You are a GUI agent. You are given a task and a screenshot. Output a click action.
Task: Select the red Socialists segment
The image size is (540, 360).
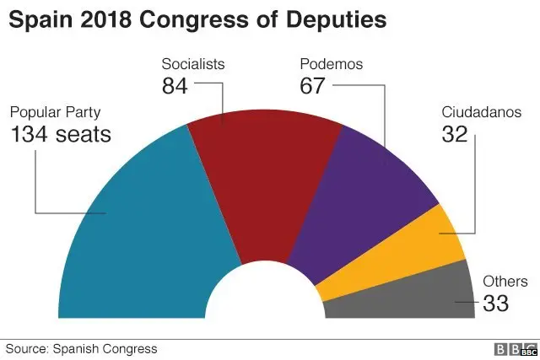click(x=262, y=185)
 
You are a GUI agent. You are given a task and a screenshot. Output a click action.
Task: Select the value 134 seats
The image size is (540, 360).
click(x=61, y=134)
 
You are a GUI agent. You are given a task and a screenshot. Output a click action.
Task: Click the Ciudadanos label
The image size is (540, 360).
click(x=481, y=113)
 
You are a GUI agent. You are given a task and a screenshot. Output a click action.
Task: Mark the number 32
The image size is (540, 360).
click(x=456, y=134)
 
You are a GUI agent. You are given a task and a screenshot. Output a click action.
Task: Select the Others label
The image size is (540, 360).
click(x=504, y=282)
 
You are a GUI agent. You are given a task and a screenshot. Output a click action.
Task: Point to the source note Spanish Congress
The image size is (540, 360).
click(x=104, y=348)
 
